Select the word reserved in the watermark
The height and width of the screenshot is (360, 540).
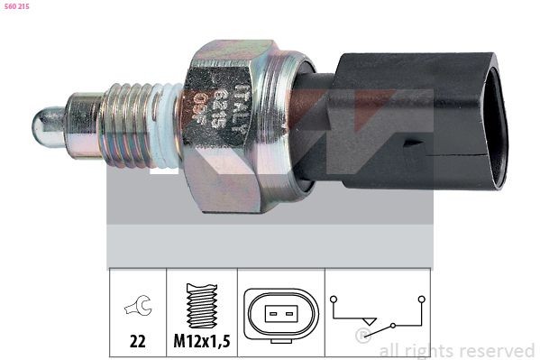coord(496,350)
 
